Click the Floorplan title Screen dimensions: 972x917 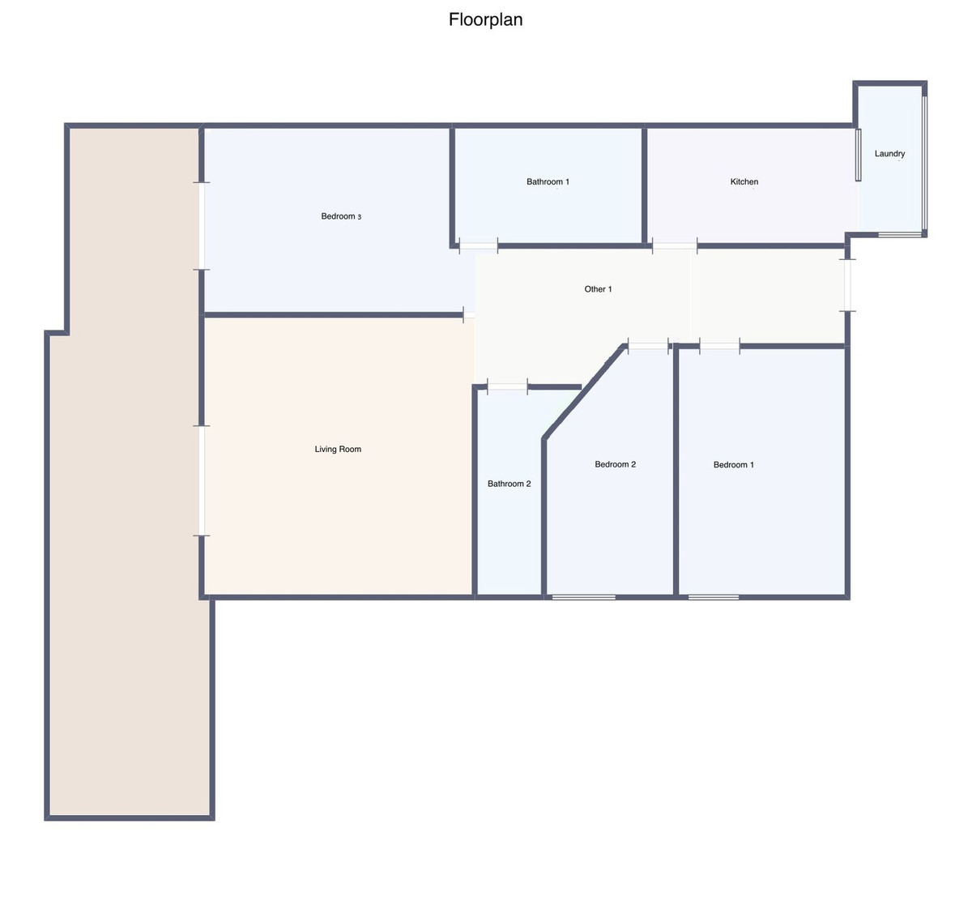(x=485, y=19)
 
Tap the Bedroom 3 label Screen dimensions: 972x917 (x=341, y=216)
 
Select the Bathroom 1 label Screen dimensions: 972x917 (x=548, y=181)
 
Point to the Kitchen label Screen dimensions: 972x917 (x=744, y=181)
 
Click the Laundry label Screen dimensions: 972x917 (x=889, y=154)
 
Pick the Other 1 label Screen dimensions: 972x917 (x=598, y=289)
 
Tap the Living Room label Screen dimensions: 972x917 (x=338, y=449)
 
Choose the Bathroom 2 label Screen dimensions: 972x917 (x=509, y=484)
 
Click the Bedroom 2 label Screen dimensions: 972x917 (x=616, y=464)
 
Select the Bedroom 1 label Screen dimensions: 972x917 (x=733, y=465)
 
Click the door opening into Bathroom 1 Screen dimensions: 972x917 (x=478, y=245)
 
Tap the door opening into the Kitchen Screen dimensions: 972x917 (x=675, y=245)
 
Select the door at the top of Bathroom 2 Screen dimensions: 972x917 (x=507, y=386)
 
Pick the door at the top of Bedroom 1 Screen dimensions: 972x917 (x=719, y=346)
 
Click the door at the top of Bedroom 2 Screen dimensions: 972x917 (x=648, y=346)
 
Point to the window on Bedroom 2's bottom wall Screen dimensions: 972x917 (x=583, y=597)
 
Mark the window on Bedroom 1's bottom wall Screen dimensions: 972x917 (x=713, y=597)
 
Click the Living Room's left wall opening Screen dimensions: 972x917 (x=201, y=480)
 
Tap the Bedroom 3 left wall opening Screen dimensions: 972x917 (x=201, y=226)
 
